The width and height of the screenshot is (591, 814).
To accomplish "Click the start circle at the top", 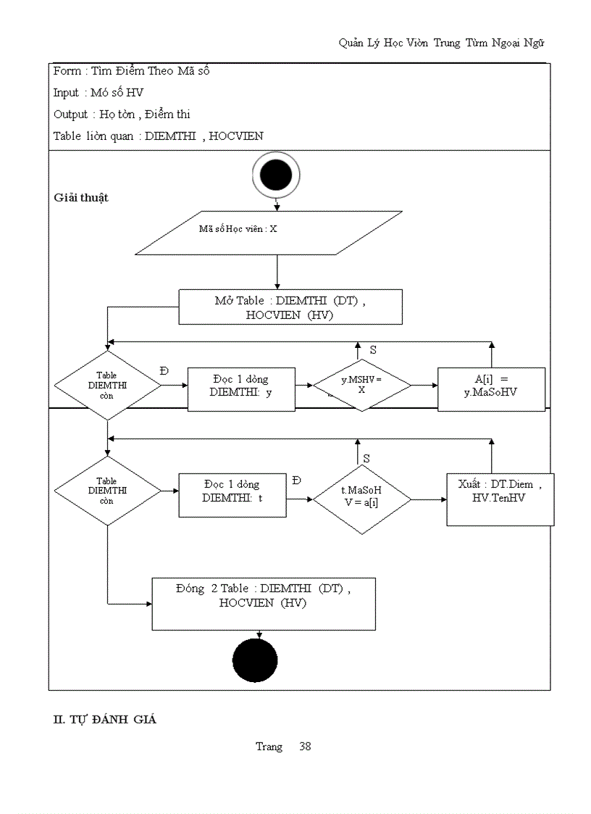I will coord(276,175).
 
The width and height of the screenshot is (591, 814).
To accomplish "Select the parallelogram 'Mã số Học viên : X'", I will coord(269,233).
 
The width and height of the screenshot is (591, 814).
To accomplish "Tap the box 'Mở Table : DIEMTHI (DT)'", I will coord(290,307).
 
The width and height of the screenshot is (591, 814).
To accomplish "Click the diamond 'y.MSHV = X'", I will coord(361,385).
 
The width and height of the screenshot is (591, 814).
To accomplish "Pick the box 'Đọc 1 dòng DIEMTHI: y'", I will coord(241,389).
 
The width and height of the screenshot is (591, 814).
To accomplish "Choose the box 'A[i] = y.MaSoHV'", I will coord(491,389).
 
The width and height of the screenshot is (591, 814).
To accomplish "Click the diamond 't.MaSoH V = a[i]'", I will coord(361,499).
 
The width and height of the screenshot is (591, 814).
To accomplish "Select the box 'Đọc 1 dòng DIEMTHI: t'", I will coord(232,496).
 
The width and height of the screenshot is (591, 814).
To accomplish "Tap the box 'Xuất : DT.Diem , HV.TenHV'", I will coord(500,499).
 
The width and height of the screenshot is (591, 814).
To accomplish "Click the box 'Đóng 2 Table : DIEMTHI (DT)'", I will coord(263,603).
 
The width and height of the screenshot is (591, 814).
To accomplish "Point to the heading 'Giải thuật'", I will coord(81,198).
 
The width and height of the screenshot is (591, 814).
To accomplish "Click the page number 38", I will coord(305,746).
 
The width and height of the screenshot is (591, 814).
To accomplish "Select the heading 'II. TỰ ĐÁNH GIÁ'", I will coord(105,720).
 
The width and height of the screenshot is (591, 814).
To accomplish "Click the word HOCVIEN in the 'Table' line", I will coord(236,136).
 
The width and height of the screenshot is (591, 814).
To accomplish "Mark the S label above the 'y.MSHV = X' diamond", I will coord(373,349).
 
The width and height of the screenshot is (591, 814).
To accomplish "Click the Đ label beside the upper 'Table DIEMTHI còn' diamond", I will coord(164,370).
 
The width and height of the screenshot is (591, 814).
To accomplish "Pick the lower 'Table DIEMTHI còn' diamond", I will coord(107,491).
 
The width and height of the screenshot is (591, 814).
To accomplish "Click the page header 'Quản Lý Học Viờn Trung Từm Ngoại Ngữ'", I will coord(441,43).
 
